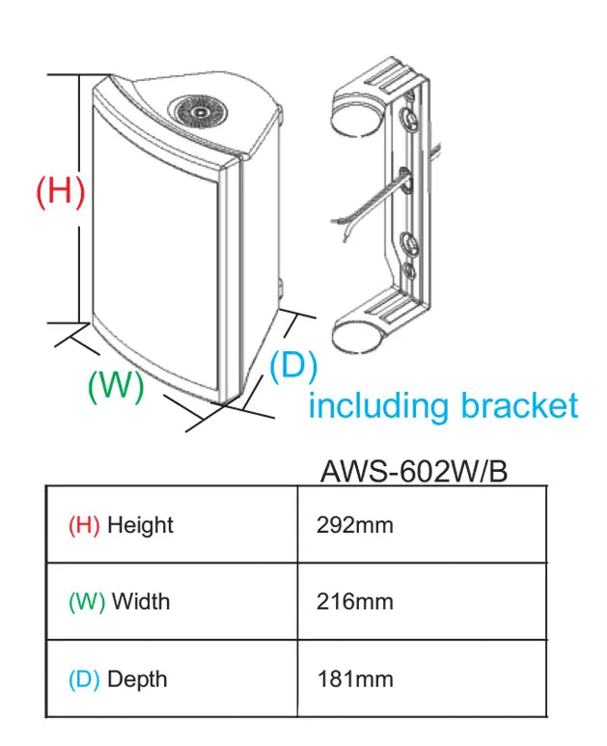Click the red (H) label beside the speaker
[60, 190]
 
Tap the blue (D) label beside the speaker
[293, 366]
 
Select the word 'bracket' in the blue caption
[519, 405]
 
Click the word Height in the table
[140, 526]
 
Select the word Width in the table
[141, 601]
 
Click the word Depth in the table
[137, 678]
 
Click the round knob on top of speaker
[200, 112]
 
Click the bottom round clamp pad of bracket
[354, 337]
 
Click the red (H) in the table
[84, 526]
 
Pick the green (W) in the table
[87, 601]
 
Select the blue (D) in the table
[84, 678]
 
